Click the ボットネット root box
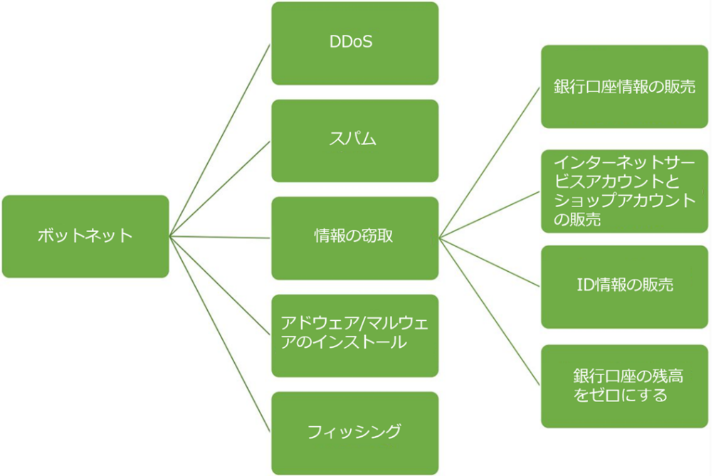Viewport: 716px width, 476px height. click(85, 236)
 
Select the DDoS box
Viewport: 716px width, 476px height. click(355, 43)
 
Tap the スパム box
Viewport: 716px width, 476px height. click(355, 141)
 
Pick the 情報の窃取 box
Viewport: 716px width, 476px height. click(355, 238)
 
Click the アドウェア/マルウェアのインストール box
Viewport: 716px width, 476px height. click(355, 336)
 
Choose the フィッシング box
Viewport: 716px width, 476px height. click(355, 433)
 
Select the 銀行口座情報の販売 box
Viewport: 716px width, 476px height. click(624, 87)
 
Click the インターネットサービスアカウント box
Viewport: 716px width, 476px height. click(624, 191)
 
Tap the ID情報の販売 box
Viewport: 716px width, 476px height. click(624, 287)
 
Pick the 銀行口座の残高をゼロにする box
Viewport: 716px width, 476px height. click(624, 386)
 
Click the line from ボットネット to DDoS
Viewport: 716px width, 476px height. click(220, 140)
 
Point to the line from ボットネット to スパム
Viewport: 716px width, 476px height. click(220, 189)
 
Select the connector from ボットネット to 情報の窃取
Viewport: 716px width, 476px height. click(220, 237)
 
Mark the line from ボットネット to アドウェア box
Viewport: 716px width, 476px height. click(220, 286)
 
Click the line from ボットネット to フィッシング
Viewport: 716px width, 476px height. click(220, 334)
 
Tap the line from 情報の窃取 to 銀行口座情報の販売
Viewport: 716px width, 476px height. click(490, 162)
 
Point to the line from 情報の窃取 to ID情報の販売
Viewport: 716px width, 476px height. click(490, 263)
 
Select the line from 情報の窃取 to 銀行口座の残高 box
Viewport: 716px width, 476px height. click(490, 312)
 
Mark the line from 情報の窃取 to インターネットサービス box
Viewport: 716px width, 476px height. click(490, 215)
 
